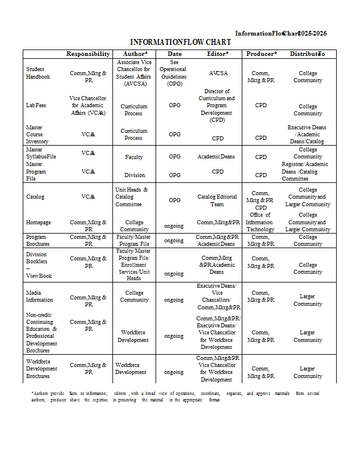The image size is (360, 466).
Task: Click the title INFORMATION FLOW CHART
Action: (181, 43)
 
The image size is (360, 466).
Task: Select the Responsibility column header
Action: (88, 54)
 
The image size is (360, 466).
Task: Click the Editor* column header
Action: (218, 54)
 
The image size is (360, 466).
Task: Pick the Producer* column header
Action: (261, 54)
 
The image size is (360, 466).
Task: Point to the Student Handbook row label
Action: (38, 73)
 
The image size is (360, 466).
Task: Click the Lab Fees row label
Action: (36, 105)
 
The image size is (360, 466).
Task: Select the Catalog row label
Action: (36, 197)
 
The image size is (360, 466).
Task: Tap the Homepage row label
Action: (38, 222)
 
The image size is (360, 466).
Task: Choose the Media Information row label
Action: (40, 296)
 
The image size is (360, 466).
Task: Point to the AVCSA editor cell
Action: (218, 73)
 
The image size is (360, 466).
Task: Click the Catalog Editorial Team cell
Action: (217, 200)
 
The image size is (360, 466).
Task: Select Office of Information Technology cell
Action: (260, 222)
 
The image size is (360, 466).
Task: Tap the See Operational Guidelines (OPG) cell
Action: (174, 73)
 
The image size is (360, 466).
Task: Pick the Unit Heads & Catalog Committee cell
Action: (133, 197)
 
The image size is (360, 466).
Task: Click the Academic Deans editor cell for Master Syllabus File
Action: (217, 157)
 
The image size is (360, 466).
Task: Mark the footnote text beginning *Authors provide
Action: (175, 397)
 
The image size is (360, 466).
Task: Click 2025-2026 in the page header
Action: (312, 33)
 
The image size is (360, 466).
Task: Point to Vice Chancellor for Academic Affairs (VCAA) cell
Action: (88, 106)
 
